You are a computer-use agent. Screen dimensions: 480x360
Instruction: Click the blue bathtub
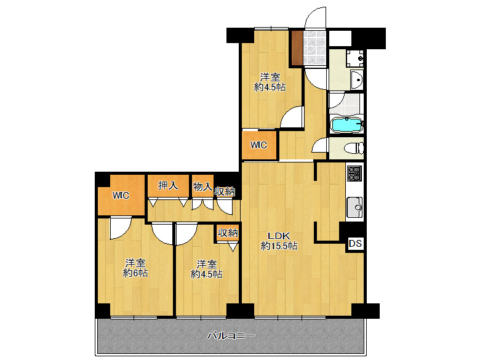346,125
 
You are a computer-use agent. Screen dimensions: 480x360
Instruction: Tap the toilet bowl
354,148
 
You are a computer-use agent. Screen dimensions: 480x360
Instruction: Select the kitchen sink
354,207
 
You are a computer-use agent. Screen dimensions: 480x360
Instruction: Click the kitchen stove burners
355,173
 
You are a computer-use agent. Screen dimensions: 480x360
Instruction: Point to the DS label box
355,244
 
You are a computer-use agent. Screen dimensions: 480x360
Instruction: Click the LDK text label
279,236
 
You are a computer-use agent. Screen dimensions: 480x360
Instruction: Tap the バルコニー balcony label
231,336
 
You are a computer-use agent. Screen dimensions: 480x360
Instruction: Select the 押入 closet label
168,185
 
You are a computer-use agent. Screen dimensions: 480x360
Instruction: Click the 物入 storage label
202,186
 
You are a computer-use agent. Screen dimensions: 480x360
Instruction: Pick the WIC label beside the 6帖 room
121,195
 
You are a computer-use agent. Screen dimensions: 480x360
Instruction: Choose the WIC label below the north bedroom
258,145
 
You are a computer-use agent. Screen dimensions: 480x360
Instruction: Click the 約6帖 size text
135,273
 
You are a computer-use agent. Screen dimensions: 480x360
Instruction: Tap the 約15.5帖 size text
279,246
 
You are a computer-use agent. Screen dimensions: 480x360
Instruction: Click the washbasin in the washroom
356,79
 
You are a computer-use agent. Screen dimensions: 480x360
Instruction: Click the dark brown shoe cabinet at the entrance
297,47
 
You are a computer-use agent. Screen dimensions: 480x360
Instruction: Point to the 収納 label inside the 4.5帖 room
228,233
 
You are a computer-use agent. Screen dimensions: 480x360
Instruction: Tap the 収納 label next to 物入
225,191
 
